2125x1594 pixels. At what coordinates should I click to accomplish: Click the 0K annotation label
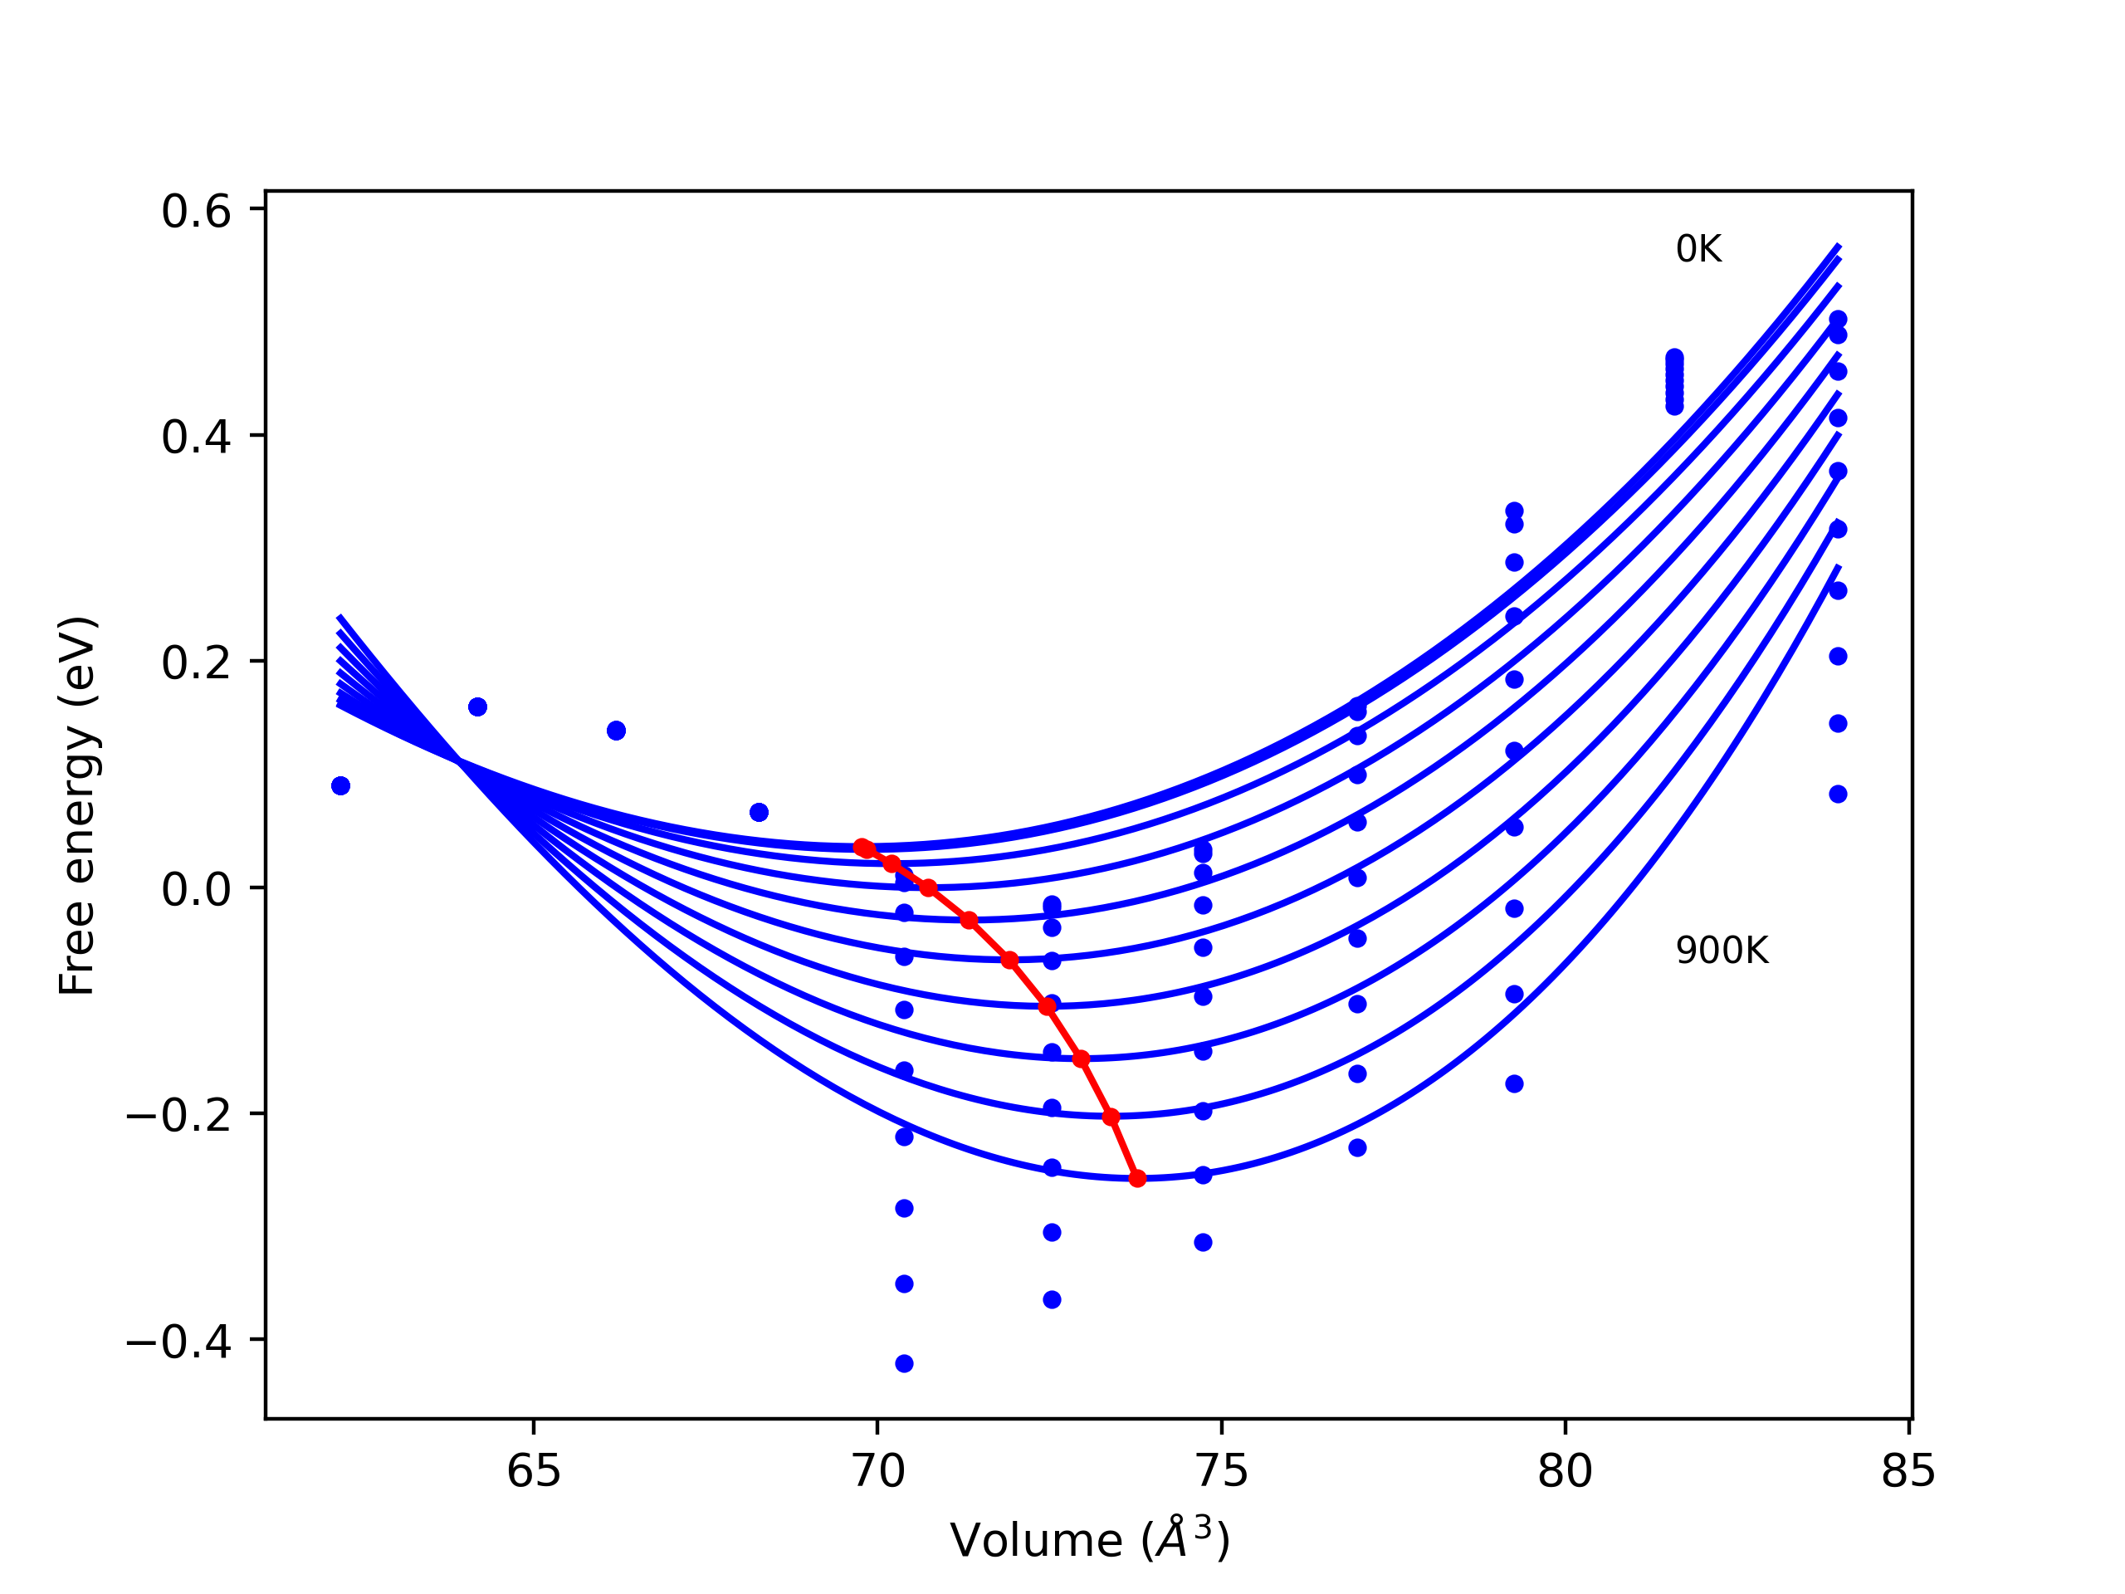coord(1698,250)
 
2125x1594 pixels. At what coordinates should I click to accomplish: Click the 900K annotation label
coord(1722,951)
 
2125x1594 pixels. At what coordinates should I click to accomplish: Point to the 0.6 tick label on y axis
coord(196,212)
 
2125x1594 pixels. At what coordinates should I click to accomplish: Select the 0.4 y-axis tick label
coord(196,438)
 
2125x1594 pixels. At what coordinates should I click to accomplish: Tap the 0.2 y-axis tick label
coord(196,663)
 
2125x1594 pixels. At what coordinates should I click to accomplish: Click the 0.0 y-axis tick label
coord(196,889)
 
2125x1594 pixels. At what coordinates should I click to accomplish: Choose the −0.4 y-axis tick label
coord(178,1342)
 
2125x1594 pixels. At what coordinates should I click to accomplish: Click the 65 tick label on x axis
coord(533,1471)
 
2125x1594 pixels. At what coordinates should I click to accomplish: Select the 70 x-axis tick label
coord(878,1471)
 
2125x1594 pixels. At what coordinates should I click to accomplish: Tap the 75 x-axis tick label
coord(1221,1471)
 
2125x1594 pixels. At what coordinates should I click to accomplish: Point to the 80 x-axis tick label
coord(1565,1471)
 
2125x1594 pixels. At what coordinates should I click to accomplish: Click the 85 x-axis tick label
coord(1908,1471)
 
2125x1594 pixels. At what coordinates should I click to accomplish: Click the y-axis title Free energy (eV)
coord(77,806)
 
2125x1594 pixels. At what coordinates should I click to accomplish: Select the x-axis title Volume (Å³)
coord(1089,1540)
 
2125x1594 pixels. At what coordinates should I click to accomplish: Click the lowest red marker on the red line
coord(1137,1178)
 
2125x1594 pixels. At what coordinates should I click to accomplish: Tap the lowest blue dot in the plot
coord(904,1363)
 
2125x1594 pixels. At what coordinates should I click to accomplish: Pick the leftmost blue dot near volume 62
coord(340,786)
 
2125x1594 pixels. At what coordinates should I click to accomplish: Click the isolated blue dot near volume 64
coord(477,707)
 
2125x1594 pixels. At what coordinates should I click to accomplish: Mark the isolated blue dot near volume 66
coord(617,731)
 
